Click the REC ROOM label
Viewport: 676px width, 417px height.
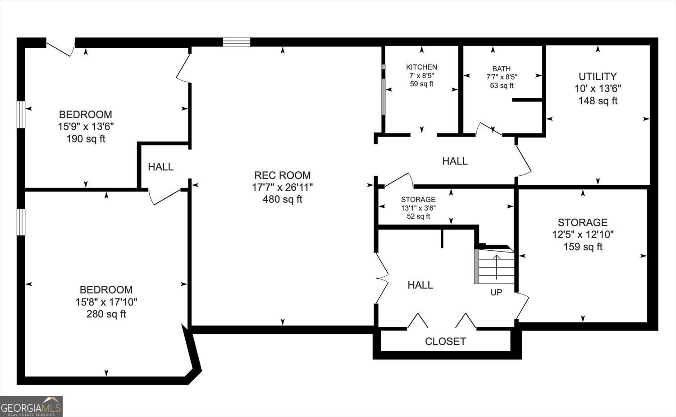(282, 175)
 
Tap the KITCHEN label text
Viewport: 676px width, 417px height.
(421, 67)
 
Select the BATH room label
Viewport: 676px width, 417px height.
(501, 69)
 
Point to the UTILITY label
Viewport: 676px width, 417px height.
(597, 76)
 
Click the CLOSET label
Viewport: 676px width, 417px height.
(445, 342)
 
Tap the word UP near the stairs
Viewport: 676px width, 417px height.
(496, 292)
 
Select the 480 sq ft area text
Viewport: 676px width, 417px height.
(282, 199)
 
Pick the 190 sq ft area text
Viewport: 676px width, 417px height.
(86, 139)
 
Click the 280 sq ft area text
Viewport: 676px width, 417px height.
(106, 314)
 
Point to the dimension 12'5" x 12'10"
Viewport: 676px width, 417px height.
(583, 234)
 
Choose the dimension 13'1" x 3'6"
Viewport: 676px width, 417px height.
(418, 208)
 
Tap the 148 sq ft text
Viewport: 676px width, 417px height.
(598, 101)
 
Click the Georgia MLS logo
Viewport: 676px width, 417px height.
(31, 407)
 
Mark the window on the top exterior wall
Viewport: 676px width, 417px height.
(237, 42)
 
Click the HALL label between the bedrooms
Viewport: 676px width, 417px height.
(160, 167)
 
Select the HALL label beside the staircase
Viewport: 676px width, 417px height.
(420, 285)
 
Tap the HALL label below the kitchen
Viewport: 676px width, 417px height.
(455, 161)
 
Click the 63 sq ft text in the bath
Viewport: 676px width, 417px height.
(502, 86)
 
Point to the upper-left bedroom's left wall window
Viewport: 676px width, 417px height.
(21, 115)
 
